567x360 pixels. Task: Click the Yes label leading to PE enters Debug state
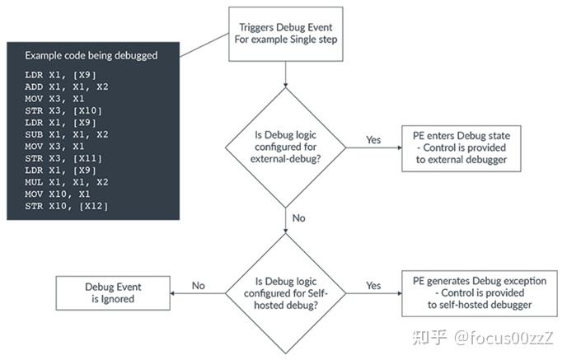pos(373,139)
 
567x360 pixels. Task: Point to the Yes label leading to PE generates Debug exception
pos(373,286)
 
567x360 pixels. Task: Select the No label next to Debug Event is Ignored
pos(198,286)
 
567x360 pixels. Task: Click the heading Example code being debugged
pos(91,56)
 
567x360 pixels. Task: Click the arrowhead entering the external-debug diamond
pos(284,84)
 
